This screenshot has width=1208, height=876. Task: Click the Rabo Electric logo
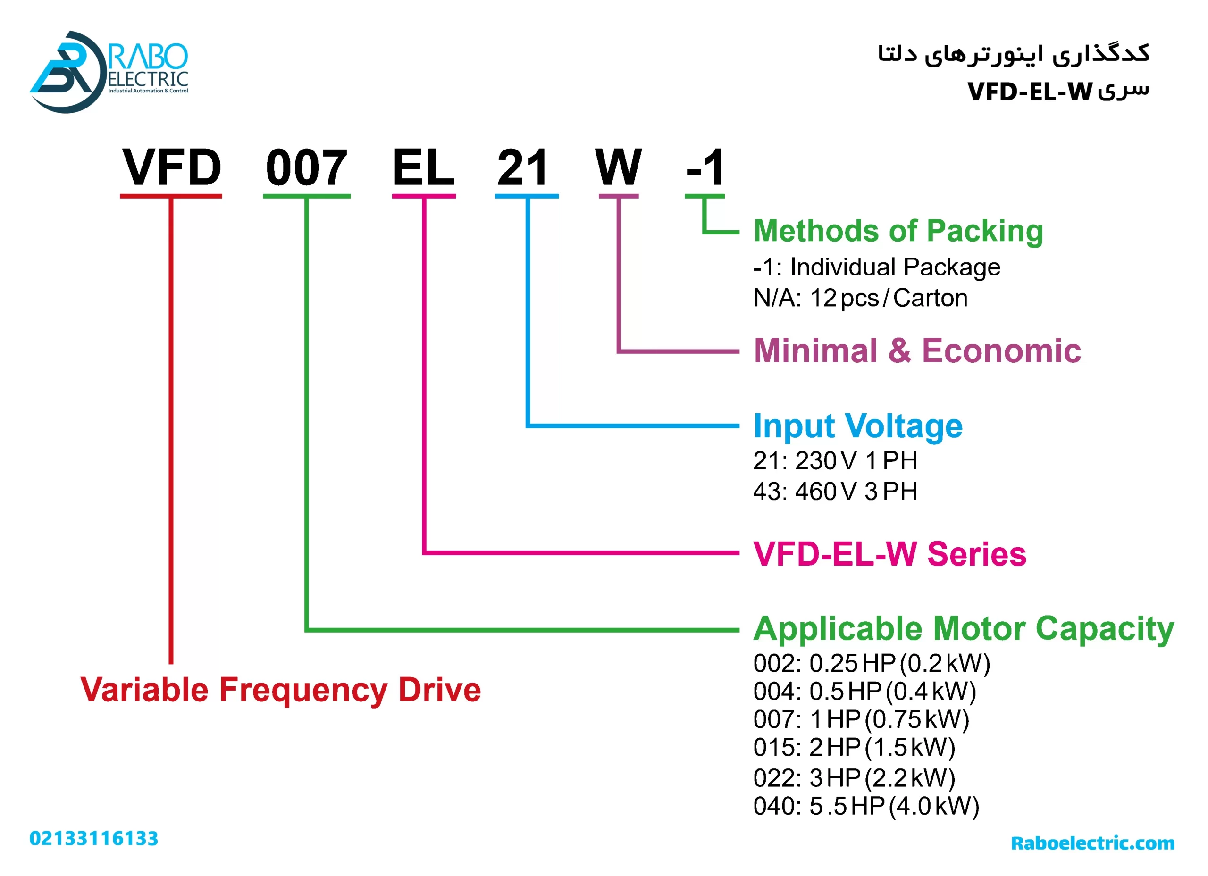[109, 72]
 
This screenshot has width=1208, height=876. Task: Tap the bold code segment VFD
[171, 168]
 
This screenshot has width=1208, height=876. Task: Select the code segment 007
[307, 168]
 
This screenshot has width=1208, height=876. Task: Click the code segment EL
[423, 168]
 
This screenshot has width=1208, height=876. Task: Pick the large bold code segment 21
[523, 168]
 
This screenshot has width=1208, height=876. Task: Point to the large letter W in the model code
[618, 168]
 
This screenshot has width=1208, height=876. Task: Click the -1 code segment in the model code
[705, 168]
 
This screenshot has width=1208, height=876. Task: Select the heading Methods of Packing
[898, 231]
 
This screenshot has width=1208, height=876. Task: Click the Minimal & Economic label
[917, 351]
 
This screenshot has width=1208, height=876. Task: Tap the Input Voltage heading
[857, 426]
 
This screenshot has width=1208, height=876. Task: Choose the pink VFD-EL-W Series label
[889, 554]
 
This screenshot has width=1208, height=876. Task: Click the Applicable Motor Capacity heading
[963, 629]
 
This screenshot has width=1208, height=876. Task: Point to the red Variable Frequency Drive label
[281, 690]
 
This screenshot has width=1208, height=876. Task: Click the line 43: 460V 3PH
[835, 492]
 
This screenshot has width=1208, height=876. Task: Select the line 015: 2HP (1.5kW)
[854, 748]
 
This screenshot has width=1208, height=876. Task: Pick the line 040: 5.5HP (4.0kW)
[866, 806]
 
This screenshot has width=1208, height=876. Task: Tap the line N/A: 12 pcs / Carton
[860, 298]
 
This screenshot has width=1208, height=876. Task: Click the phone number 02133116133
[94, 839]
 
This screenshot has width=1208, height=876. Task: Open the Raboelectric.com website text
[1092, 843]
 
